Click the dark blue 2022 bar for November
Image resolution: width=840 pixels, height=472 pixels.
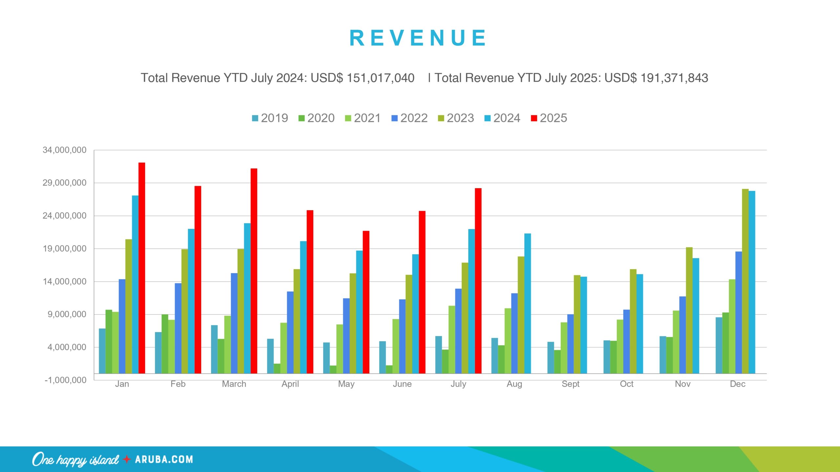coord(682,335)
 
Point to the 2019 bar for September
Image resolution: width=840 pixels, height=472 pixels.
coord(551,358)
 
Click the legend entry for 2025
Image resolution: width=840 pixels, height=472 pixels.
coord(549,118)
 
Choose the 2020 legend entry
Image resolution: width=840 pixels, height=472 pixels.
coord(316,118)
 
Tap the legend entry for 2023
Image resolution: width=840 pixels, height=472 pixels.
coord(456,118)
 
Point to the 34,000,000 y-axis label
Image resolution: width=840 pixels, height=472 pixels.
coord(64,150)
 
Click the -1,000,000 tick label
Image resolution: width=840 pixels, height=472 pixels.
coord(65,380)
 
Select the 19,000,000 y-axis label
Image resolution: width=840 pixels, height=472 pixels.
coord(64,249)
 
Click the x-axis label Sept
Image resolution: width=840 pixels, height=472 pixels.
coord(570,384)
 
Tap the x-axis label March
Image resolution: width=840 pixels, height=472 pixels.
coord(234,384)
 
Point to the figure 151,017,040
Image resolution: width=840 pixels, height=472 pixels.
coord(381,78)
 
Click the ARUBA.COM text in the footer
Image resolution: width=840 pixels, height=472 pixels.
coord(164,459)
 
